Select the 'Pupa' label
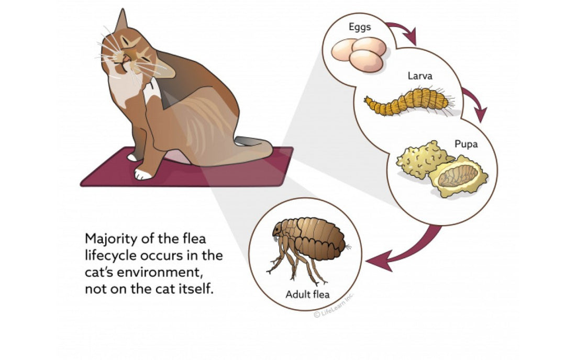point(466,144)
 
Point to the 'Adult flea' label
point(307,294)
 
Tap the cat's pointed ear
point(121,22)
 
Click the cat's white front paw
point(141,173)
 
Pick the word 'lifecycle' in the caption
point(109,256)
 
